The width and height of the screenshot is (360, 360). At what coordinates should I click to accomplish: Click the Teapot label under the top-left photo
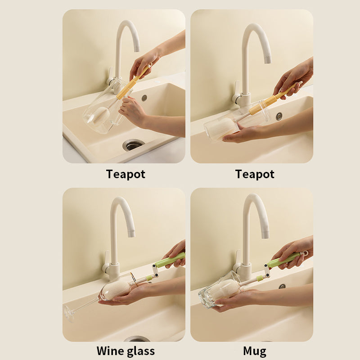126,174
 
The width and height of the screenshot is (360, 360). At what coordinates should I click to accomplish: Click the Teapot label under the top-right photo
255,174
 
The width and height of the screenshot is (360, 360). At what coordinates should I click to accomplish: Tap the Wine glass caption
126,351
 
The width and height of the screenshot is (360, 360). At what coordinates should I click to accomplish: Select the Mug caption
255,351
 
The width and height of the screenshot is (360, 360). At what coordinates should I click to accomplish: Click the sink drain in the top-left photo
134,145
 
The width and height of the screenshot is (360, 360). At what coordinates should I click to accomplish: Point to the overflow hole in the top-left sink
144,98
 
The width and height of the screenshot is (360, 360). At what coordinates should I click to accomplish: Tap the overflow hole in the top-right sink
279,116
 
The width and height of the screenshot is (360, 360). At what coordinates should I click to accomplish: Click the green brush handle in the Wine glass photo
170,260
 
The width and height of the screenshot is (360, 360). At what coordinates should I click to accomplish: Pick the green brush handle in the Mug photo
283,260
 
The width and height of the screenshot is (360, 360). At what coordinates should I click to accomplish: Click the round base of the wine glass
69,313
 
